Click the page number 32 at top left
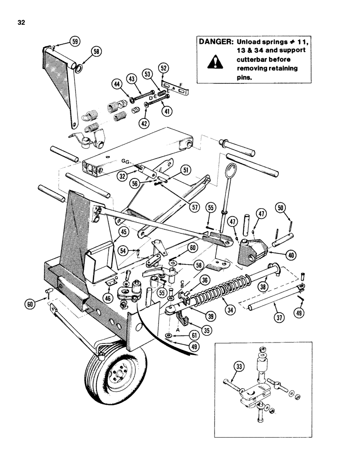(21, 21)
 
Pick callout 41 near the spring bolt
(164, 111)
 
